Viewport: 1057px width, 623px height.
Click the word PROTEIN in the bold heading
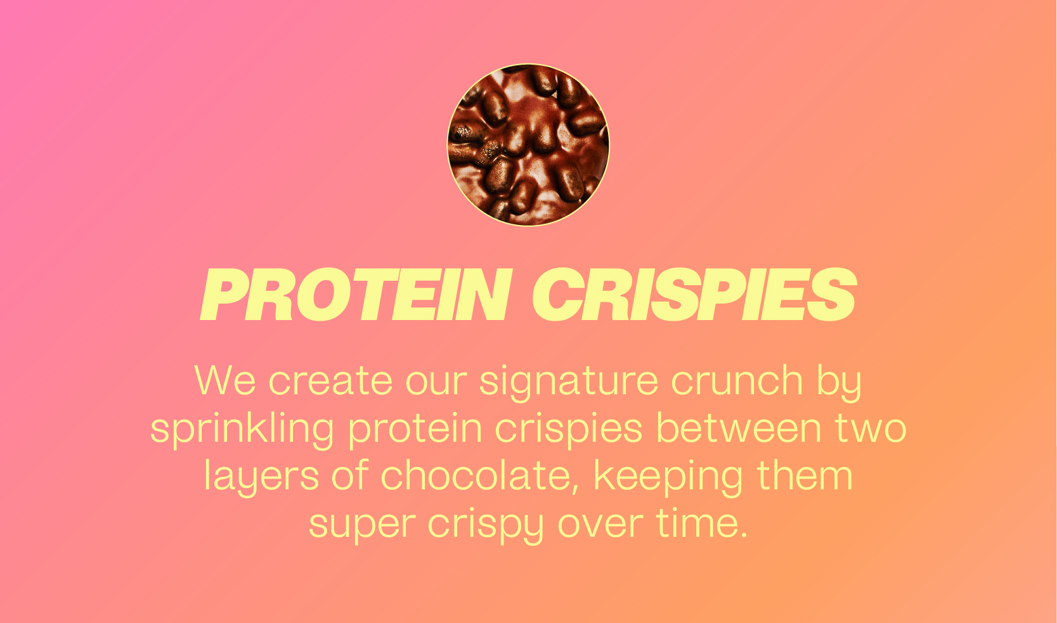tap(356, 295)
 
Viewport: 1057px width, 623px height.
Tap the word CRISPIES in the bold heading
tap(694, 295)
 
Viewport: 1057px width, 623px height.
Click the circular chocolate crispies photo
tap(528, 145)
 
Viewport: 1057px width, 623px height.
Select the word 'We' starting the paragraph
tap(225, 380)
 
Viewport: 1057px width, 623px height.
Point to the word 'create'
tap(330, 381)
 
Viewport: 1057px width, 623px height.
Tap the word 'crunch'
tap(737, 380)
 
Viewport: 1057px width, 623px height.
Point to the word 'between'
tap(739, 427)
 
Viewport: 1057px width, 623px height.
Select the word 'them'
tap(805, 475)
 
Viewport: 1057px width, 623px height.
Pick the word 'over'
tap(600, 524)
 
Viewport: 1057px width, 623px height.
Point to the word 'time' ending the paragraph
tap(697, 522)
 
